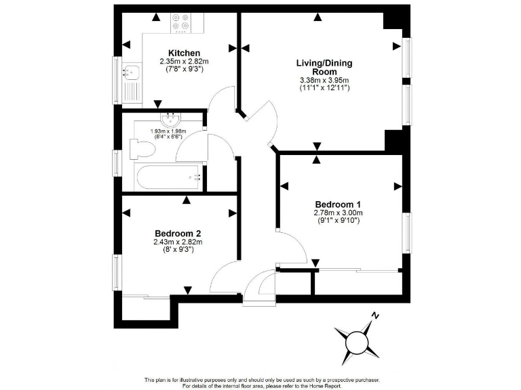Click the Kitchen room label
pyautogui.click(x=184, y=53)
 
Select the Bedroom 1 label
pyautogui.click(x=337, y=204)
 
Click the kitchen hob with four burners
pyautogui.click(x=181, y=22)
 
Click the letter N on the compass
pyautogui.click(x=375, y=316)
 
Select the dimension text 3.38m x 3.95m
pyautogui.click(x=324, y=81)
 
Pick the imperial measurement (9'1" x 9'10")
pyautogui.click(x=337, y=221)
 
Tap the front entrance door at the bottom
pyautogui.click(x=259, y=287)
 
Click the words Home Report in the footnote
pyautogui.click(x=326, y=386)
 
